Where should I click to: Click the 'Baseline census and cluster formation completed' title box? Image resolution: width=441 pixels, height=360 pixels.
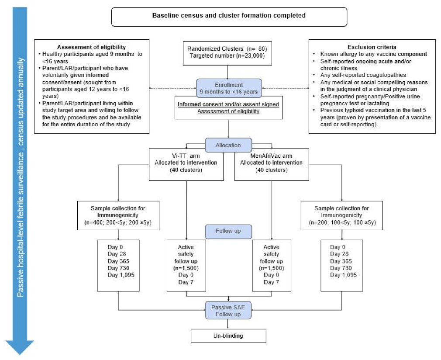click(229, 16)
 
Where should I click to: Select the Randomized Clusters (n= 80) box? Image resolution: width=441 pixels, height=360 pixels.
click(227, 52)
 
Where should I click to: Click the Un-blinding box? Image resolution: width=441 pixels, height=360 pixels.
click(228, 336)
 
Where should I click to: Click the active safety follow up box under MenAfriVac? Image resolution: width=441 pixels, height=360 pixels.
click(272, 264)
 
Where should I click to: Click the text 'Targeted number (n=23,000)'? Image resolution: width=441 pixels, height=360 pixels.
click(227, 56)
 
